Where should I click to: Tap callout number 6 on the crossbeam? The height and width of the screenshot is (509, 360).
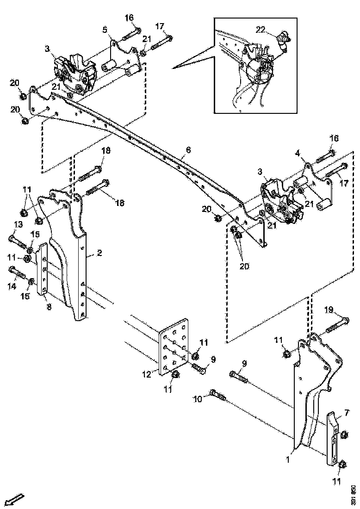[188, 150]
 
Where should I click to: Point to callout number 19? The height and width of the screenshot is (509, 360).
[329, 310]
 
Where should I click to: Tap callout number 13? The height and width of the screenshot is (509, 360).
[18, 224]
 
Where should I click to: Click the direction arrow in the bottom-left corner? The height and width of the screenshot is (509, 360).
[15, 500]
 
